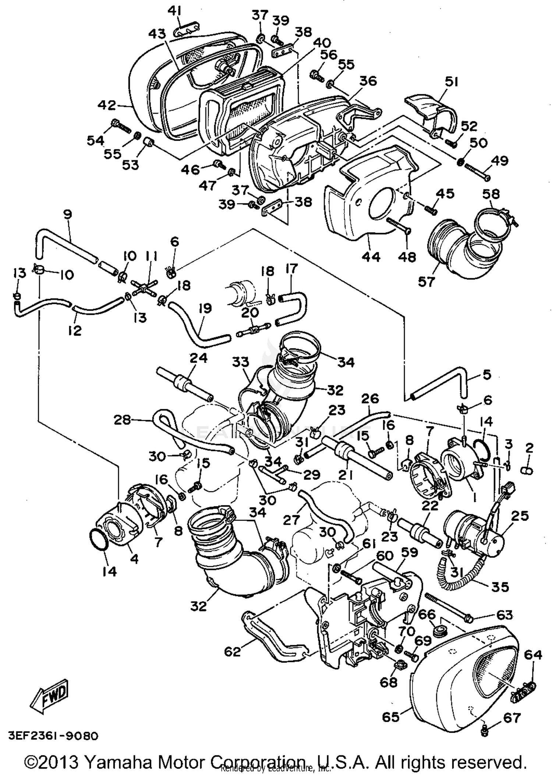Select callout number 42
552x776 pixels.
(x=107, y=105)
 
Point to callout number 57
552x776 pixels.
(x=426, y=281)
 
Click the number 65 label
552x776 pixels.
(x=391, y=716)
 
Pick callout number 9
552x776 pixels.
(x=68, y=214)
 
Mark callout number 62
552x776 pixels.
(x=232, y=652)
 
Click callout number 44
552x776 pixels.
(x=371, y=256)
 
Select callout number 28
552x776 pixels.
(x=122, y=419)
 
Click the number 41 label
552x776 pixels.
(x=174, y=11)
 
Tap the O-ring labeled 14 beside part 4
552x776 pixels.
(x=99, y=539)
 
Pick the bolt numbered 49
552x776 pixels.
(x=475, y=171)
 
